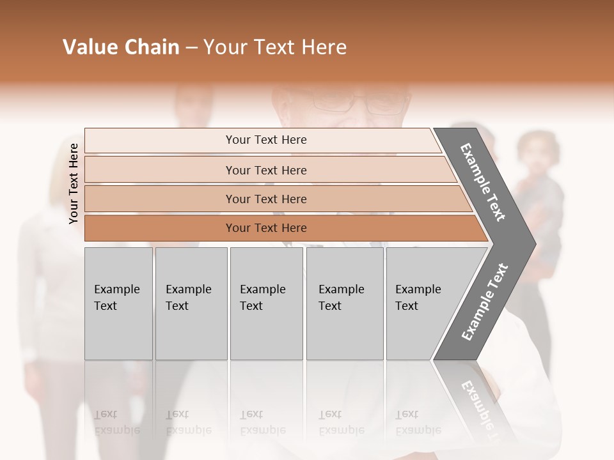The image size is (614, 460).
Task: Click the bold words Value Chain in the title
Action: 121,47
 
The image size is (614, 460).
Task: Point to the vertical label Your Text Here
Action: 74,183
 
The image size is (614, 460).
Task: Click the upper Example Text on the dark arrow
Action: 484,182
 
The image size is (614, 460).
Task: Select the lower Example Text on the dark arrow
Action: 485,302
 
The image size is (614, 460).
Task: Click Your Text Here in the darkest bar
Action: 266,228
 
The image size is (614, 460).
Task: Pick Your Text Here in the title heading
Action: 275,47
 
